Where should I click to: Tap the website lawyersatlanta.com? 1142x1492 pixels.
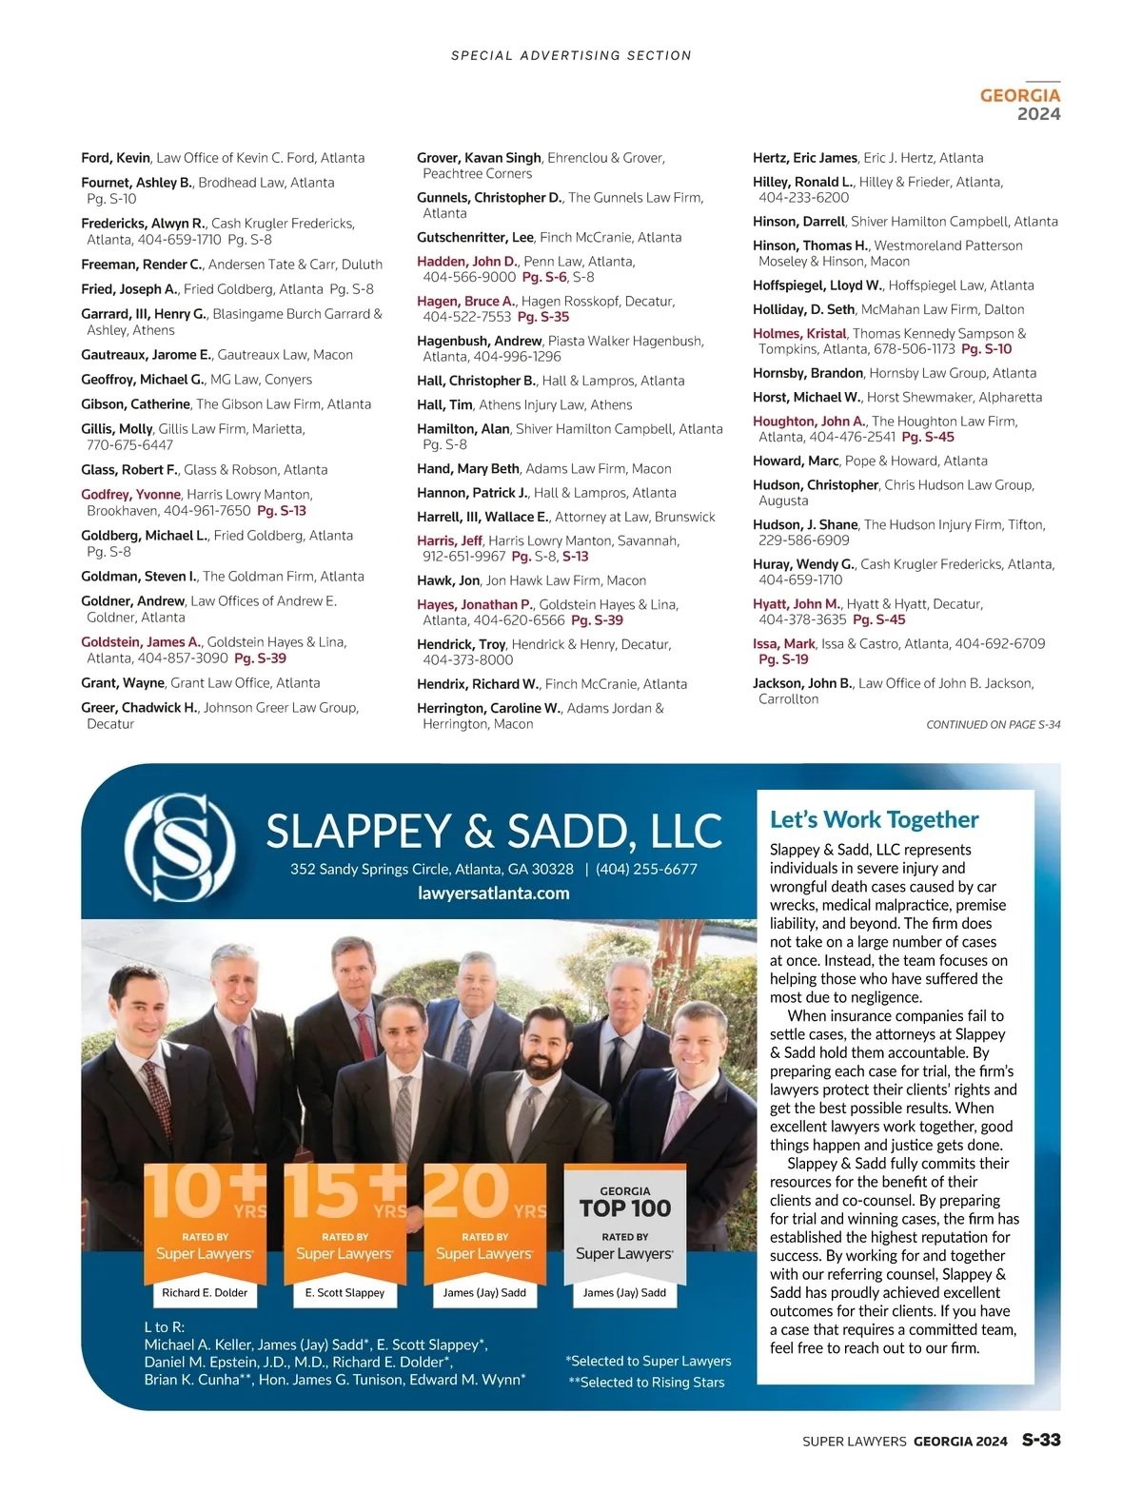click(493, 893)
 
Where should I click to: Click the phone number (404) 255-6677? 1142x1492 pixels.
click(646, 869)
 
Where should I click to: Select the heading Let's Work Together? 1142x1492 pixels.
click(874, 820)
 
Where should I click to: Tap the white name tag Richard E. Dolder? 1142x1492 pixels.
click(205, 1293)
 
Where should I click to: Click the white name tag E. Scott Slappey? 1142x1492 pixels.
click(345, 1293)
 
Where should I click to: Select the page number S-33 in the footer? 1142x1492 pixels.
click(1041, 1440)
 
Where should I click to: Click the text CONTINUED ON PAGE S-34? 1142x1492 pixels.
click(993, 725)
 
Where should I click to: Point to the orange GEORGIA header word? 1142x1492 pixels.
click(1019, 95)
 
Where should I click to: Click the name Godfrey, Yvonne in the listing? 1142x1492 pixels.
click(130, 495)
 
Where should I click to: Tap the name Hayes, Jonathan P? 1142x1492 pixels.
click(474, 605)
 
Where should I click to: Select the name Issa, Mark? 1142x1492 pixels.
click(783, 644)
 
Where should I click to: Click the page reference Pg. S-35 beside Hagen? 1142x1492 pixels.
click(542, 317)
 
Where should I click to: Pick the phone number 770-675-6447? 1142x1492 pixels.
click(129, 445)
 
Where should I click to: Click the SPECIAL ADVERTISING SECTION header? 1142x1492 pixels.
click(571, 56)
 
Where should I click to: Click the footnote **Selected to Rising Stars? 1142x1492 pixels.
click(646, 1383)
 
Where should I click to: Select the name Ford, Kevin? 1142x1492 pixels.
click(115, 158)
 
